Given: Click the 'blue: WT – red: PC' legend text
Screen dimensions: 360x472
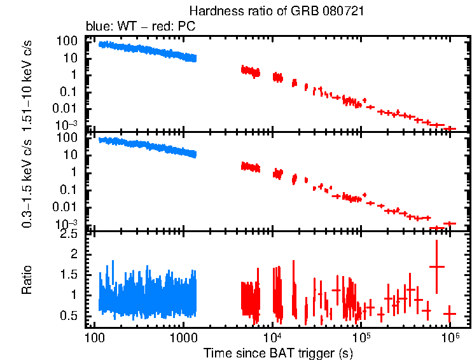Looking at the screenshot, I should click(141, 27).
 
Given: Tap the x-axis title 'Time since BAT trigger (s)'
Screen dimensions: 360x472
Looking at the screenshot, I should click(277, 352).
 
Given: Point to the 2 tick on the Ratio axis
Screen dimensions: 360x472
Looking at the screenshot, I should click(74, 254).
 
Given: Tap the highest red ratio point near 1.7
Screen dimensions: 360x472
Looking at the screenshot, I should click(436, 266).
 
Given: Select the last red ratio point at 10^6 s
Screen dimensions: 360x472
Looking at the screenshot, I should click(450, 314).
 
